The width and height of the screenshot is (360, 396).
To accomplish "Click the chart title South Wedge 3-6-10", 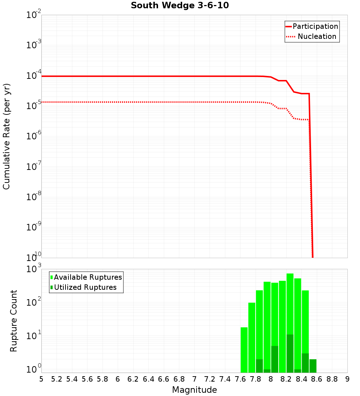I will (180, 6).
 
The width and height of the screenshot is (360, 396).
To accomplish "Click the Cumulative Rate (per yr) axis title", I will (6, 136).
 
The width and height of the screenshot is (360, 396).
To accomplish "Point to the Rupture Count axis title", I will (14, 321).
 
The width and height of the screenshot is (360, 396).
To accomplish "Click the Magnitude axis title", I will (194, 390).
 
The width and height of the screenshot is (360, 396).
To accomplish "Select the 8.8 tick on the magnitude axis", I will (332, 379).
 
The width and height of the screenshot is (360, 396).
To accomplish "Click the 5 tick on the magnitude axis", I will (41, 379).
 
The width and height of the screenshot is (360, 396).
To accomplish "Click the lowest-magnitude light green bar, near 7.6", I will (244, 349).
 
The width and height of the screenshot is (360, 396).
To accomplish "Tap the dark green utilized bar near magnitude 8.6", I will (313, 366).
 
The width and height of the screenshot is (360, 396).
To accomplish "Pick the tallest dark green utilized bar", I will (290, 353).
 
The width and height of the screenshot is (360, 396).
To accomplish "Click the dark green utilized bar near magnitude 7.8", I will (259, 366).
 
